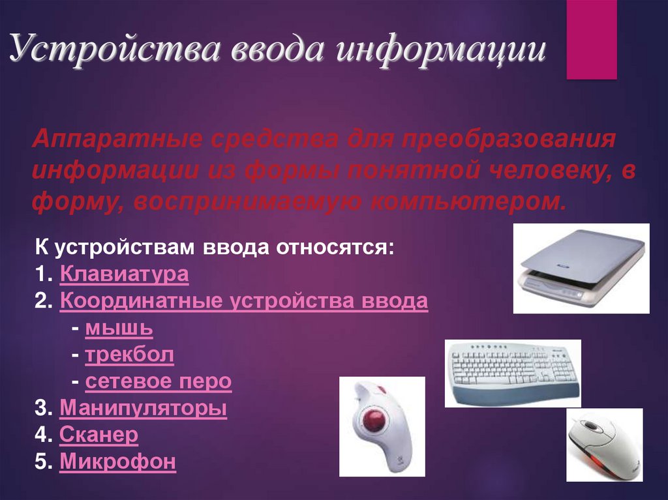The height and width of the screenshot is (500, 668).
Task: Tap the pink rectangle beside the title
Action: (591, 40)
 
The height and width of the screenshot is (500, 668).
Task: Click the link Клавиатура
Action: (124, 274)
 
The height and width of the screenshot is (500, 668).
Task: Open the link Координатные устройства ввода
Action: (244, 301)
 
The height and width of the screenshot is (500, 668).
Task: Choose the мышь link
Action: (119, 328)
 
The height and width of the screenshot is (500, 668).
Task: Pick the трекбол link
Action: (130, 355)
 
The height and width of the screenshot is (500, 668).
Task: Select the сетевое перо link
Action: (159, 381)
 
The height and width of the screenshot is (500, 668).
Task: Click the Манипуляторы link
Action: (143, 407)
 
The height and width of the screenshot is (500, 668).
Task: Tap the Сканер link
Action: (99, 434)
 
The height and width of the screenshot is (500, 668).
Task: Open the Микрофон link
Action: (117, 462)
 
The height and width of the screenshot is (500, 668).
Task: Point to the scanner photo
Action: (581, 269)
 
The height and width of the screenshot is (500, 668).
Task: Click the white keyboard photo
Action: (513, 373)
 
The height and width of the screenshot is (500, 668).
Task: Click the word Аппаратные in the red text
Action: (117, 139)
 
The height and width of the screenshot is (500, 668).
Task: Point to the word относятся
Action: (335, 247)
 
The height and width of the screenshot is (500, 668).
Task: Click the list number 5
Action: (43, 462)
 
